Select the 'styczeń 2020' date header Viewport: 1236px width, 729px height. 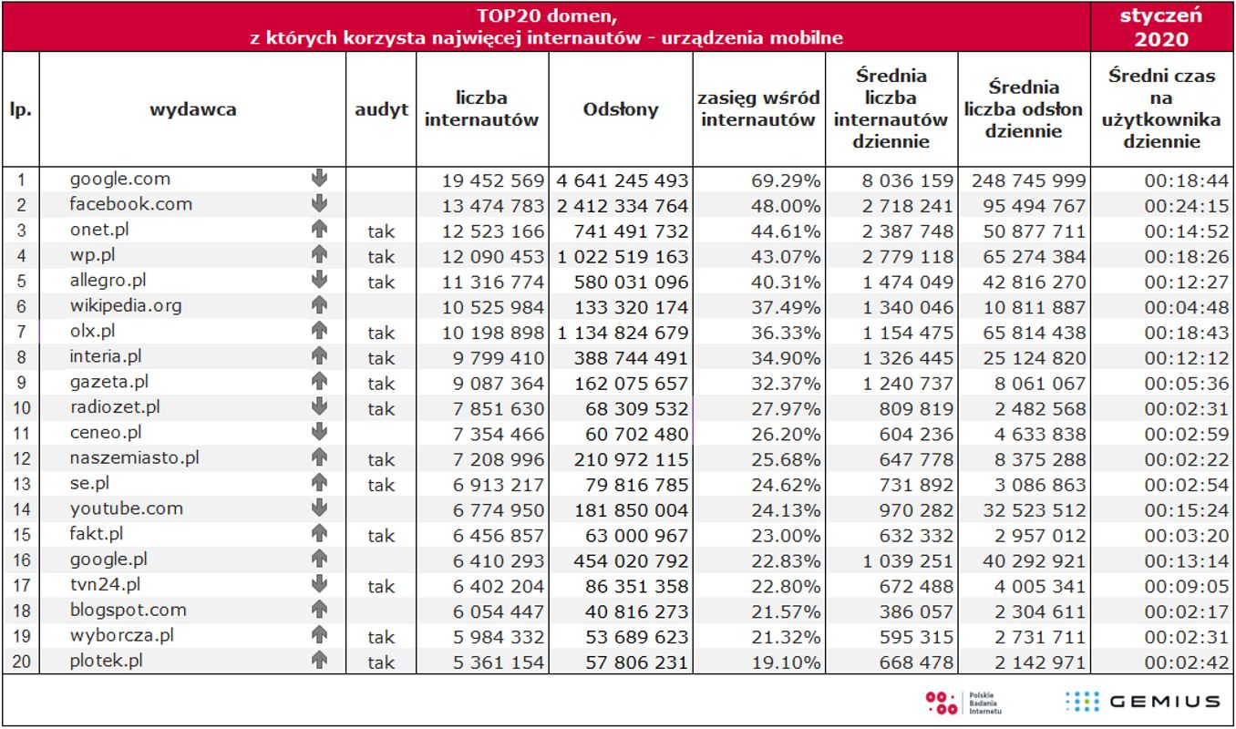(x=1161, y=26)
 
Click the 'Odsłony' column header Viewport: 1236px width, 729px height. (x=620, y=109)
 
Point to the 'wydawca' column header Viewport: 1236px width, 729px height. (x=192, y=109)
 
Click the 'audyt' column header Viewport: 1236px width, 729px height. (x=381, y=109)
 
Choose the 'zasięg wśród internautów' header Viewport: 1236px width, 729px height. (x=759, y=109)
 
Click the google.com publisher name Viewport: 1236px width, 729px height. (x=120, y=179)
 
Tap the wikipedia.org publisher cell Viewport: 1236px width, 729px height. (x=126, y=305)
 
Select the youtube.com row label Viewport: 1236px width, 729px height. (x=127, y=508)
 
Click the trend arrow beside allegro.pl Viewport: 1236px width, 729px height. (x=319, y=281)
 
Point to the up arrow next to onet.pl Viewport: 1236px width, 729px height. (x=319, y=230)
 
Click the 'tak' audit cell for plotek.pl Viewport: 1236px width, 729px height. (x=381, y=662)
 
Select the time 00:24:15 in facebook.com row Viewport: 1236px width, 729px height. (x=1186, y=206)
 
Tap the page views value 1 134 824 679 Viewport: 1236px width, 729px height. (x=622, y=333)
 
